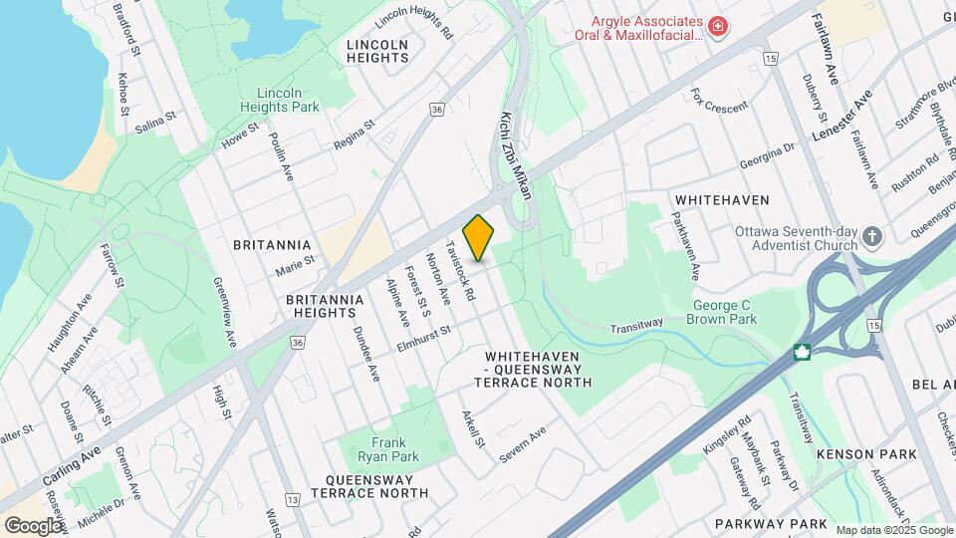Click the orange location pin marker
[479, 237]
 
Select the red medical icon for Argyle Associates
[716, 25]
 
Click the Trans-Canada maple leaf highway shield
[802, 352]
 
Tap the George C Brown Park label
[722, 312]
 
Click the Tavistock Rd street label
[460, 271]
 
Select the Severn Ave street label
[524, 445]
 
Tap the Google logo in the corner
[33, 525]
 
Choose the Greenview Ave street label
[225, 311]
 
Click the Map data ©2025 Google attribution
[893, 530]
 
